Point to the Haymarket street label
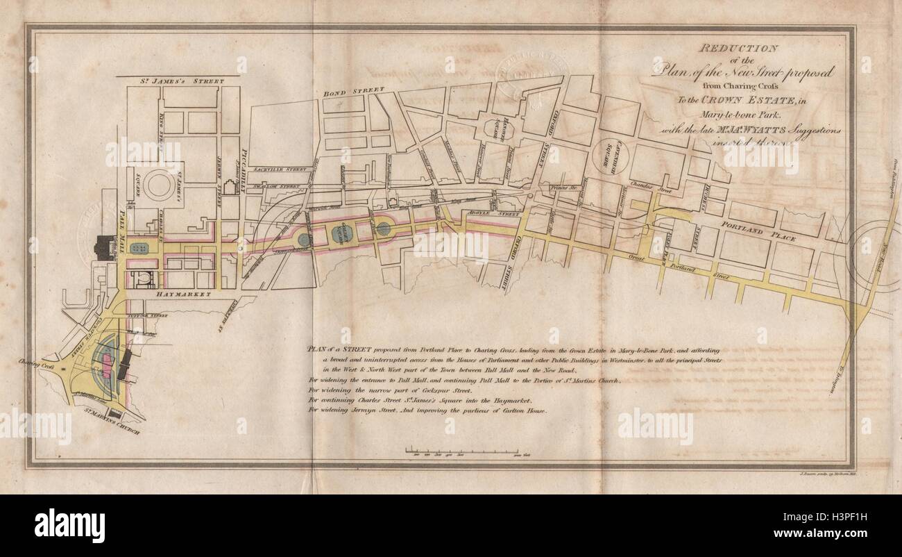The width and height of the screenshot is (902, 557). pyautogui.click(x=174, y=294)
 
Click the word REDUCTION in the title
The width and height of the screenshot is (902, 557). pyautogui.click(x=738, y=49)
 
